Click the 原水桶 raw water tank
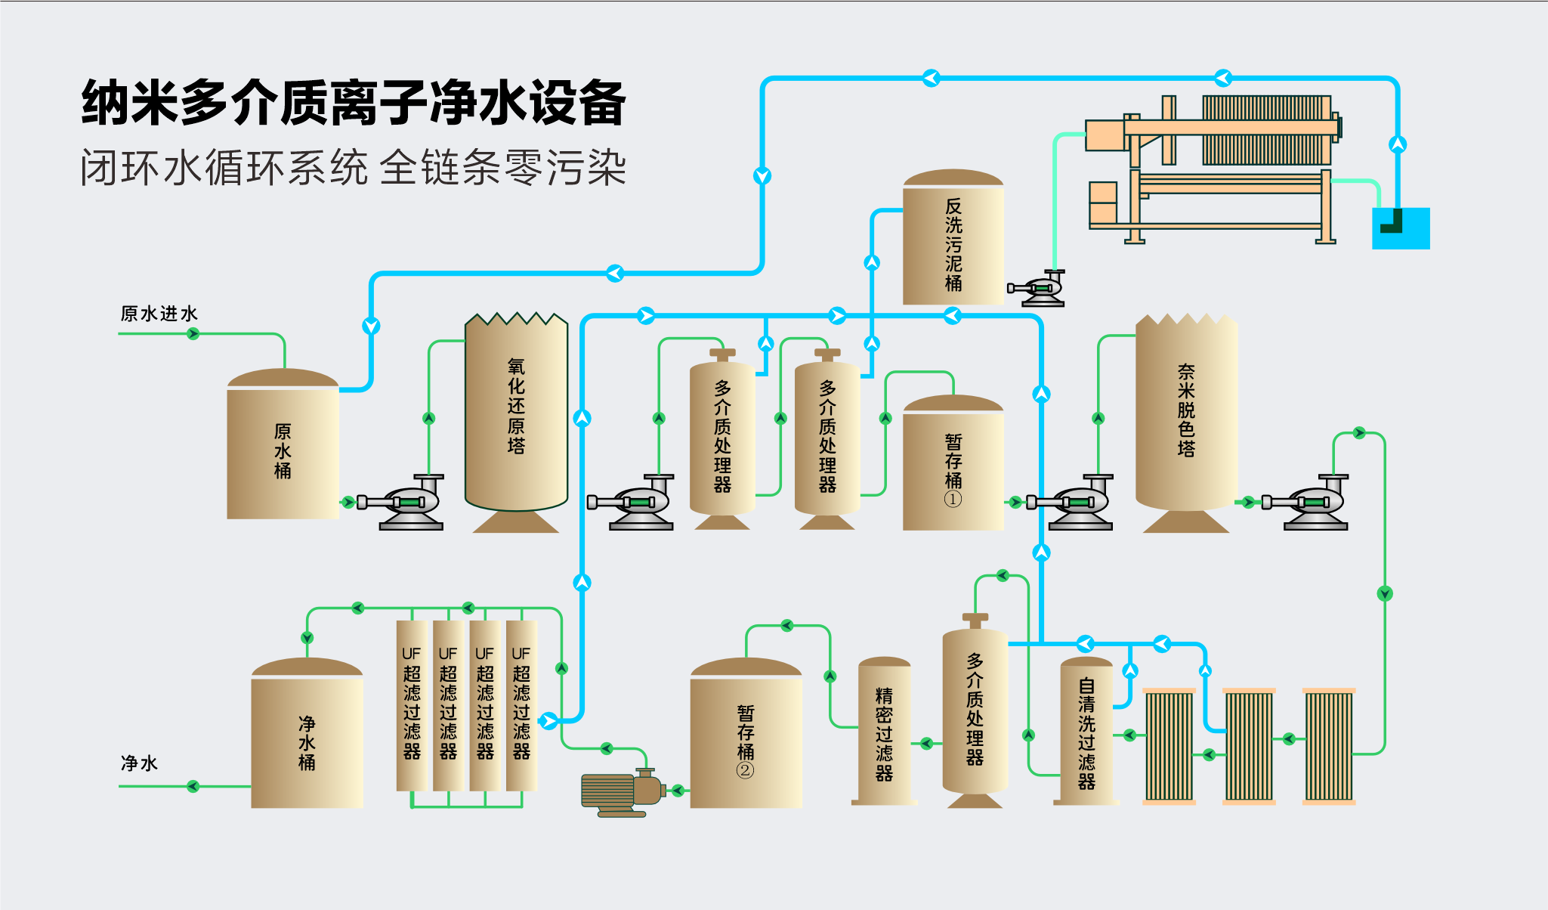[283, 450]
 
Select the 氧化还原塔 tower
[516, 412]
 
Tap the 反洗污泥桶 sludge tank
[953, 242]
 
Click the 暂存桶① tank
[953, 469]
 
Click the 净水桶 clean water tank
[307, 741]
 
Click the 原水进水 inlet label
[159, 314]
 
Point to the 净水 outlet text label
[139, 763]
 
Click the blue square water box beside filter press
[1401, 228]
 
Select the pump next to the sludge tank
[1040, 289]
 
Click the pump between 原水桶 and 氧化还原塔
[404, 503]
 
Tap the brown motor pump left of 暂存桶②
[620, 792]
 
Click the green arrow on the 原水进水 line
[193, 333]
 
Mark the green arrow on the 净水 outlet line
[193, 787]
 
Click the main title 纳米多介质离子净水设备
[353, 103]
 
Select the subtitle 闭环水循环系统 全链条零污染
[353, 168]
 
